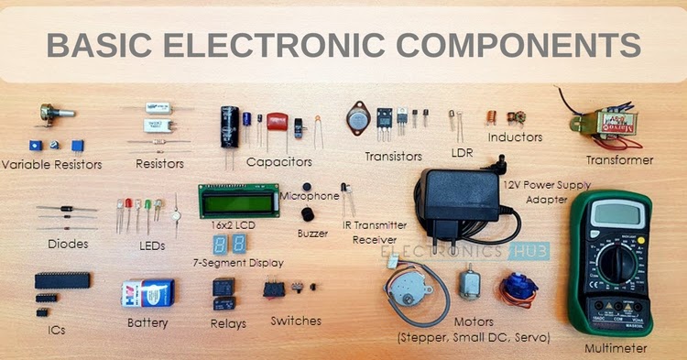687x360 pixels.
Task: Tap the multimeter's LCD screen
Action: click(620, 214)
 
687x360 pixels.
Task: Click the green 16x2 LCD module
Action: click(238, 200)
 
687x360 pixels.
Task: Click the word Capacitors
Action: click(279, 161)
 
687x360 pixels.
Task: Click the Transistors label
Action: click(393, 157)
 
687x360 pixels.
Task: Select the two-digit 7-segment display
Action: click(228, 244)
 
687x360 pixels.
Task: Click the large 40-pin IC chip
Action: click(62, 279)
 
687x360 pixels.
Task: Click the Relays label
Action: click(227, 322)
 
